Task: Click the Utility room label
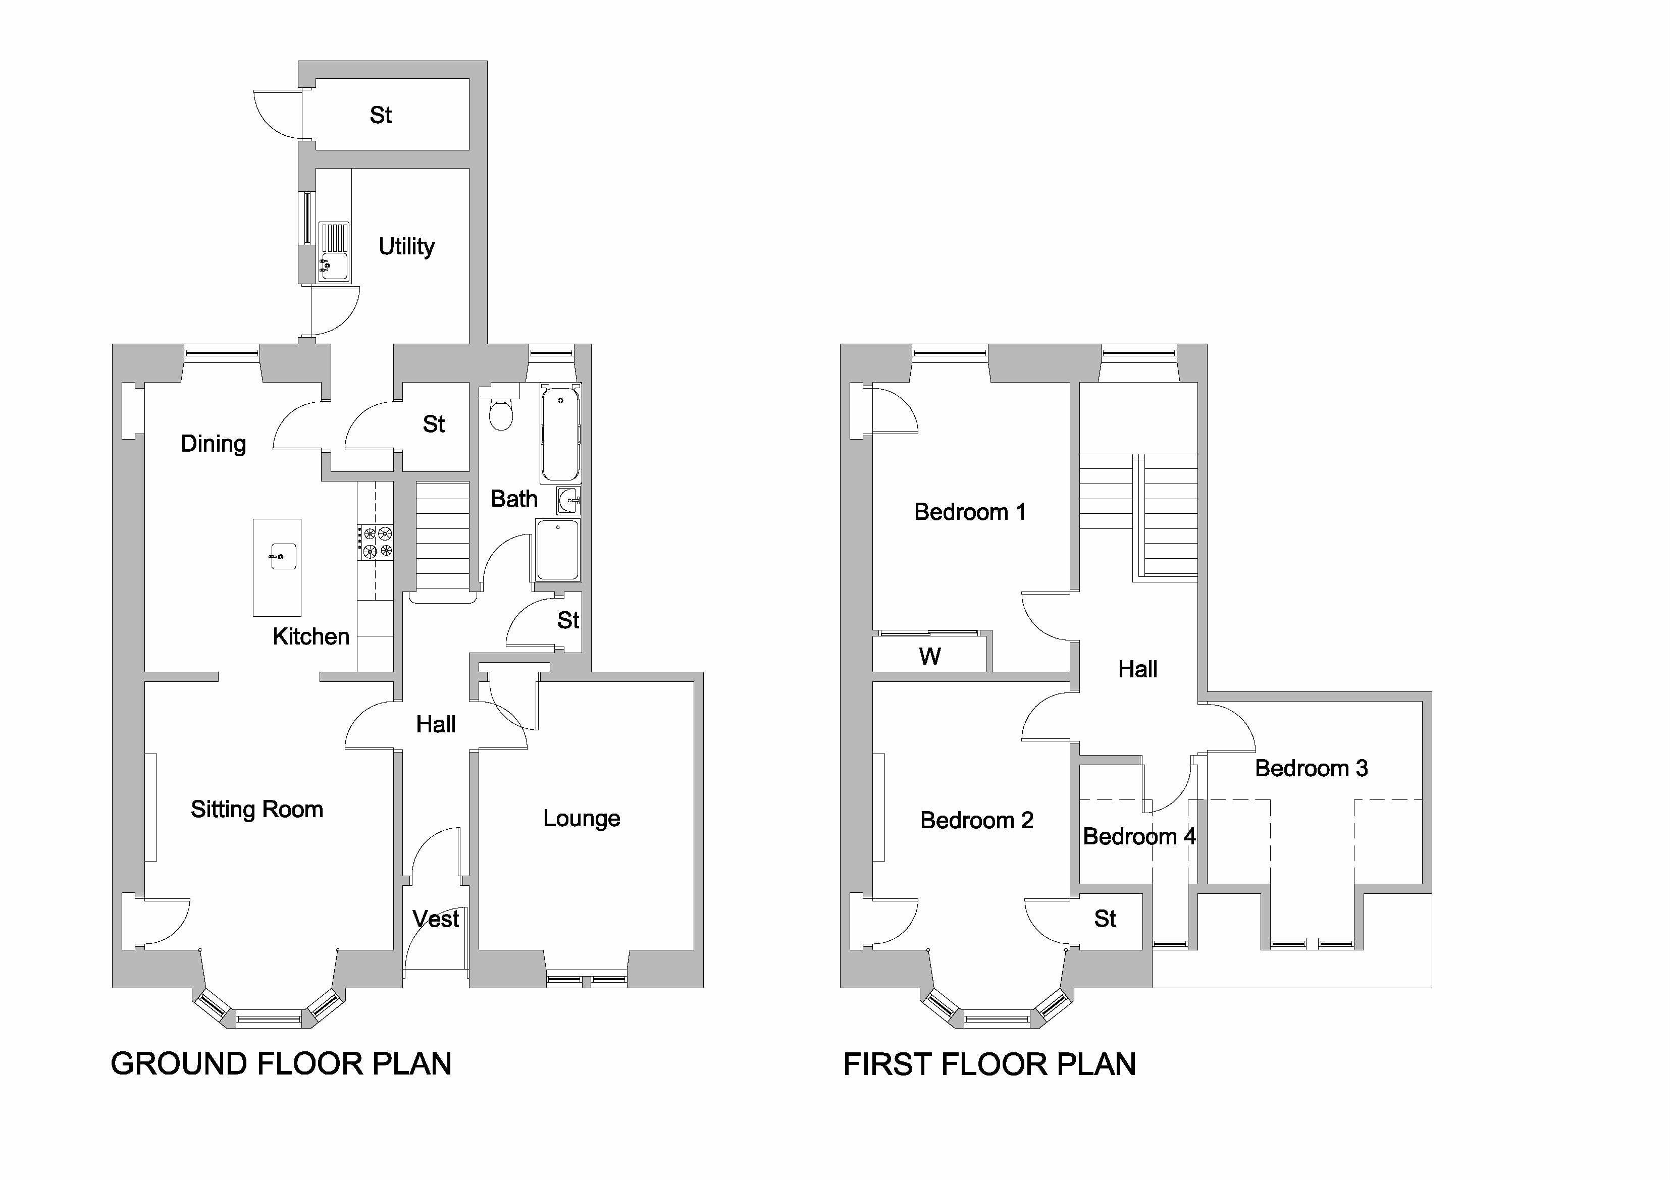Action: pyautogui.click(x=406, y=246)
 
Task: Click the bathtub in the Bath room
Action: pyautogui.click(x=560, y=434)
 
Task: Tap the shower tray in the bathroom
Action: pyautogui.click(x=558, y=550)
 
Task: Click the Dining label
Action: pyautogui.click(x=213, y=444)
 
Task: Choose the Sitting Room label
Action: pyautogui.click(x=257, y=809)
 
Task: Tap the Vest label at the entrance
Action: pyautogui.click(x=436, y=919)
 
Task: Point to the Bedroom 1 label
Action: pyautogui.click(x=970, y=512)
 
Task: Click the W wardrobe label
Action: pyautogui.click(x=929, y=657)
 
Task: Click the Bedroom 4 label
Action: pyautogui.click(x=1139, y=836)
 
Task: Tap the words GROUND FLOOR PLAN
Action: pyautogui.click(x=281, y=1064)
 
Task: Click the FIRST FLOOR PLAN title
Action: pyautogui.click(x=989, y=1064)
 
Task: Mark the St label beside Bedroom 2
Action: pyautogui.click(x=1105, y=919)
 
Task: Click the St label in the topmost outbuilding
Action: pyautogui.click(x=381, y=115)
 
